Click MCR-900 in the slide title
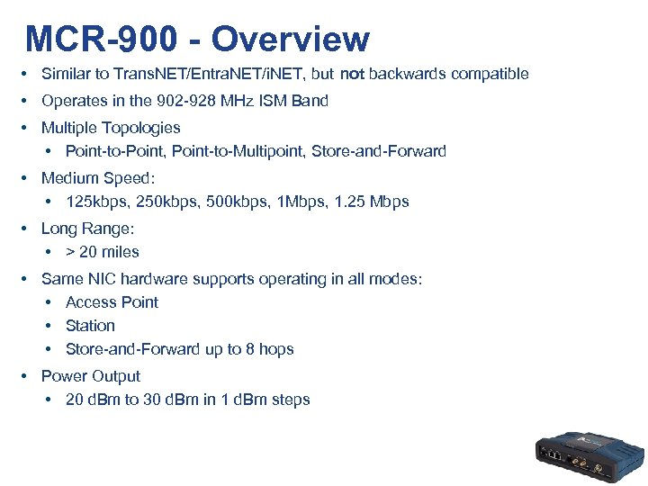102,40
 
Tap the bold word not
352,74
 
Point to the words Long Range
86,229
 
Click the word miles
121,252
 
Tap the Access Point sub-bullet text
112,302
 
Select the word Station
90,326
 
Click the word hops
276,349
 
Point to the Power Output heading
91,376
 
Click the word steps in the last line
291,400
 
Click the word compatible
488,74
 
